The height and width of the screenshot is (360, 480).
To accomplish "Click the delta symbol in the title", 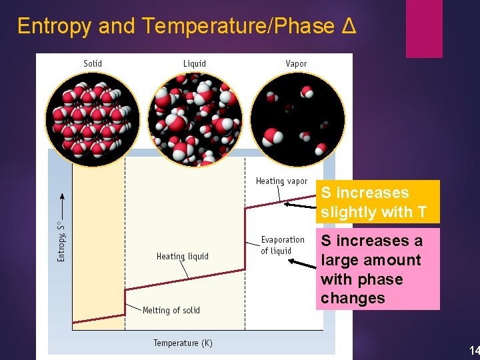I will [349, 26].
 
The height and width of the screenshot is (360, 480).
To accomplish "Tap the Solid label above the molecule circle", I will [93, 64].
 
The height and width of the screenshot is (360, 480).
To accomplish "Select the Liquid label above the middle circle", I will [195, 64].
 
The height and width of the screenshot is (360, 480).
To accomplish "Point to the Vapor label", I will [296, 64].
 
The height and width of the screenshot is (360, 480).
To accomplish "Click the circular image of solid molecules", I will [92, 119].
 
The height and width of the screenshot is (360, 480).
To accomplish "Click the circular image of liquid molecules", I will [194, 119].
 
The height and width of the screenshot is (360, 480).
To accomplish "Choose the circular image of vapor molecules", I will [297, 119].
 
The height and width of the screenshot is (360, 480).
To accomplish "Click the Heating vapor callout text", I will [281, 181].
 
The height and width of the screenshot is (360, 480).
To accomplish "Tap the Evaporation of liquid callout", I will [282, 245].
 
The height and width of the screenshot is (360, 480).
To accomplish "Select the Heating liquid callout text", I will [183, 257].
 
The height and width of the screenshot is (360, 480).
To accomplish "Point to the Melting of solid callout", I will [171, 310].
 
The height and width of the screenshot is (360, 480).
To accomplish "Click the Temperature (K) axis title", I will [183, 343].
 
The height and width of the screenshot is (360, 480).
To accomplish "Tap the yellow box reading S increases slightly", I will [377, 202].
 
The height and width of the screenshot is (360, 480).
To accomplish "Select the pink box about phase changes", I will [377, 269].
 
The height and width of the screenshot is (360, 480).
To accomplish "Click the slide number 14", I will [473, 351].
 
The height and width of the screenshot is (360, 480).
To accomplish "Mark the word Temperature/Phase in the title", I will [237, 26].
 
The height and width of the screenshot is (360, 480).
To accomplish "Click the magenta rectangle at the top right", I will [424, 28].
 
